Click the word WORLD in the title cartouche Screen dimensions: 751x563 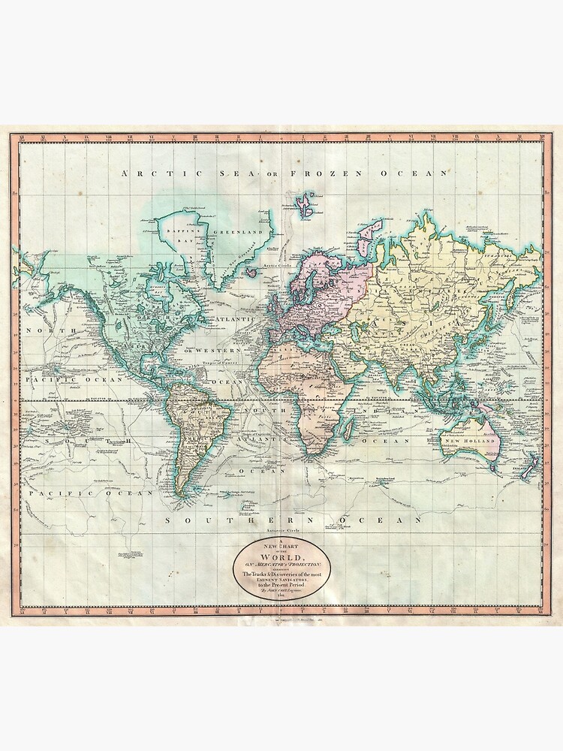pos(281,556)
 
